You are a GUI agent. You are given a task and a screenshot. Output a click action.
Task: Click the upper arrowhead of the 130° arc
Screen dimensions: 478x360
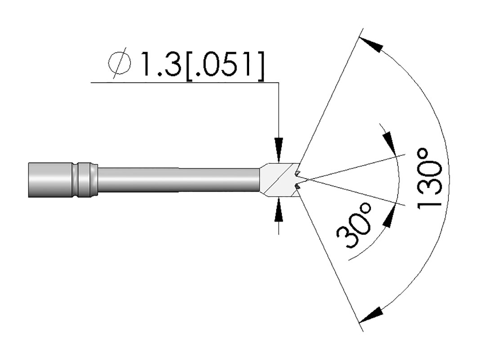(x=371, y=45)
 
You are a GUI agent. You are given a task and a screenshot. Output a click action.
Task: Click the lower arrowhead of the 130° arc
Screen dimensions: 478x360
(x=371, y=315)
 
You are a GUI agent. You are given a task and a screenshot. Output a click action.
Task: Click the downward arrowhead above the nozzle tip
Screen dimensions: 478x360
(x=279, y=148)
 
